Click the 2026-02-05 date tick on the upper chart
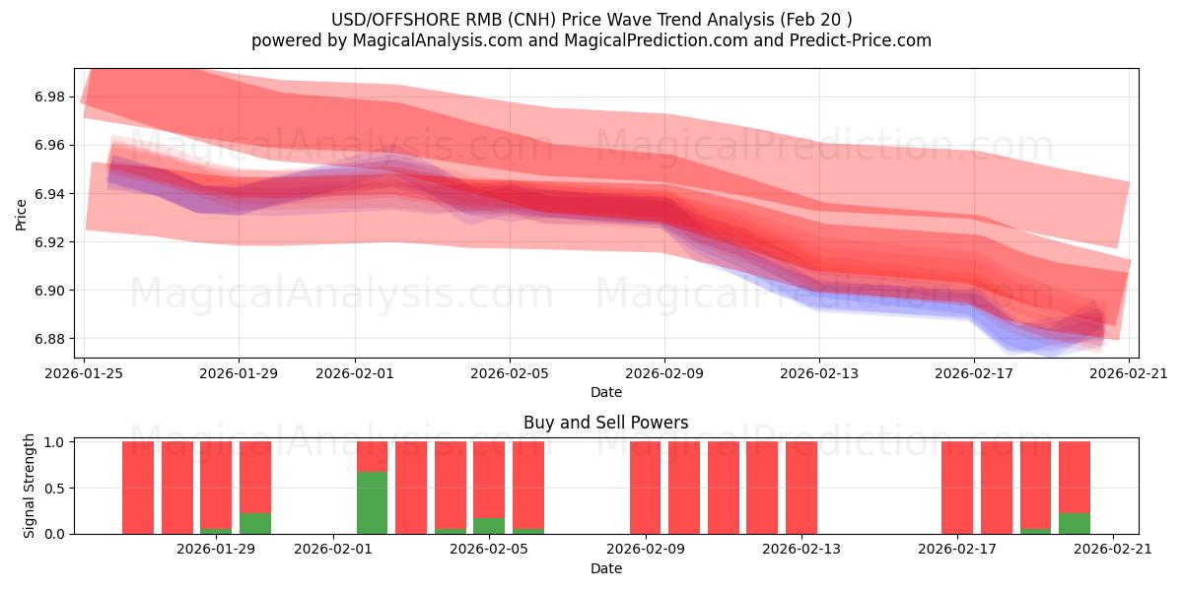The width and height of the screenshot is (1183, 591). coord(510,373)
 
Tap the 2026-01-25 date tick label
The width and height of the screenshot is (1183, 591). coord(84,373)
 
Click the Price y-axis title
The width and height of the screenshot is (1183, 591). coord(22,213)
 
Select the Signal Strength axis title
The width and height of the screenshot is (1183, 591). coord(30,486)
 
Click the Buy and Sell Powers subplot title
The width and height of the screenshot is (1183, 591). coord(605,423)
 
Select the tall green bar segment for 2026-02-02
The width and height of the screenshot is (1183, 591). coord(372,502)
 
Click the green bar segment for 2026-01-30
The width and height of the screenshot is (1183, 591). coord(255,523)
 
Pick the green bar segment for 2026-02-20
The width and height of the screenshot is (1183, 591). coord(1075,523)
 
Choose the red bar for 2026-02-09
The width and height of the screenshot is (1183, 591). coord(646,488)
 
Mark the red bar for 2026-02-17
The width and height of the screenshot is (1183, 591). coord(957,488)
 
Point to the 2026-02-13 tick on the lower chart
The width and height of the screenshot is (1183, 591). coord(801,549)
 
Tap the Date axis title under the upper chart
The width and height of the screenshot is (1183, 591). coord(605,392)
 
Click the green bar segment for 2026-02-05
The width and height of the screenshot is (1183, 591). coord(489,526)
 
